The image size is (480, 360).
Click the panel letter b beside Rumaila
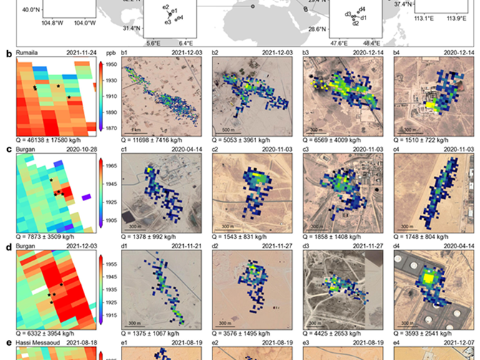[x=8, y=54]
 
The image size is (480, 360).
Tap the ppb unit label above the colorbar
[x=111, y=54]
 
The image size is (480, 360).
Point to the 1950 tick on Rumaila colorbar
[x=112, y=64]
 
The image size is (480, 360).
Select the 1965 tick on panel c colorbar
[x=112, y=165]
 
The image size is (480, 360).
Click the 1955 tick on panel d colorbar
[x=112, y=264]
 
